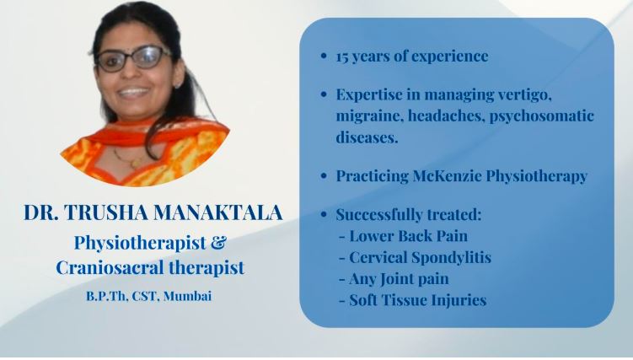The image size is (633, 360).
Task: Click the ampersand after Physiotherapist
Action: tap(218, 243)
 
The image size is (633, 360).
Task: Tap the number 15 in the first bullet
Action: tap(343, 57)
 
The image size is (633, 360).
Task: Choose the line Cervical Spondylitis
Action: tap(419, 257)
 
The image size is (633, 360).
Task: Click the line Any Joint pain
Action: tap(397, 278)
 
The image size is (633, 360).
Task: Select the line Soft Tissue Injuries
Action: tap(416, 299)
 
